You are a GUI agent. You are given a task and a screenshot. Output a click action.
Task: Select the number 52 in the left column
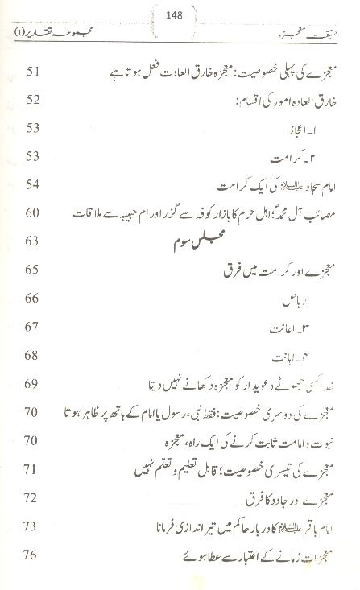pyautogui.click(x=34, y=101)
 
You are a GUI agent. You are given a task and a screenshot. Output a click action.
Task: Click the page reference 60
pyautogui.click(x=34, y=212)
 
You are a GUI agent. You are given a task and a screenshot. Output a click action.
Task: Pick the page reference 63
pyautogui.click(x=34, y=241)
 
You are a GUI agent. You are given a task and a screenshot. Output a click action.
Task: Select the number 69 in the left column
pyautogui.click(x=34, y=385)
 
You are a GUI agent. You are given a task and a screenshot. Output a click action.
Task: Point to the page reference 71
pyautogui.click(x=34, y=469)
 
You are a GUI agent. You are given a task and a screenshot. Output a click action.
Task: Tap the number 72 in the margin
pyautogui.click(x=34, y=499)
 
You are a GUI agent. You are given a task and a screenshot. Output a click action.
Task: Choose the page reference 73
pyautogui.click(x=34, y=527)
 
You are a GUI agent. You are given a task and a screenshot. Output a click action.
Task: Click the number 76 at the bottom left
pyautogui.click(x=34, y=555)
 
